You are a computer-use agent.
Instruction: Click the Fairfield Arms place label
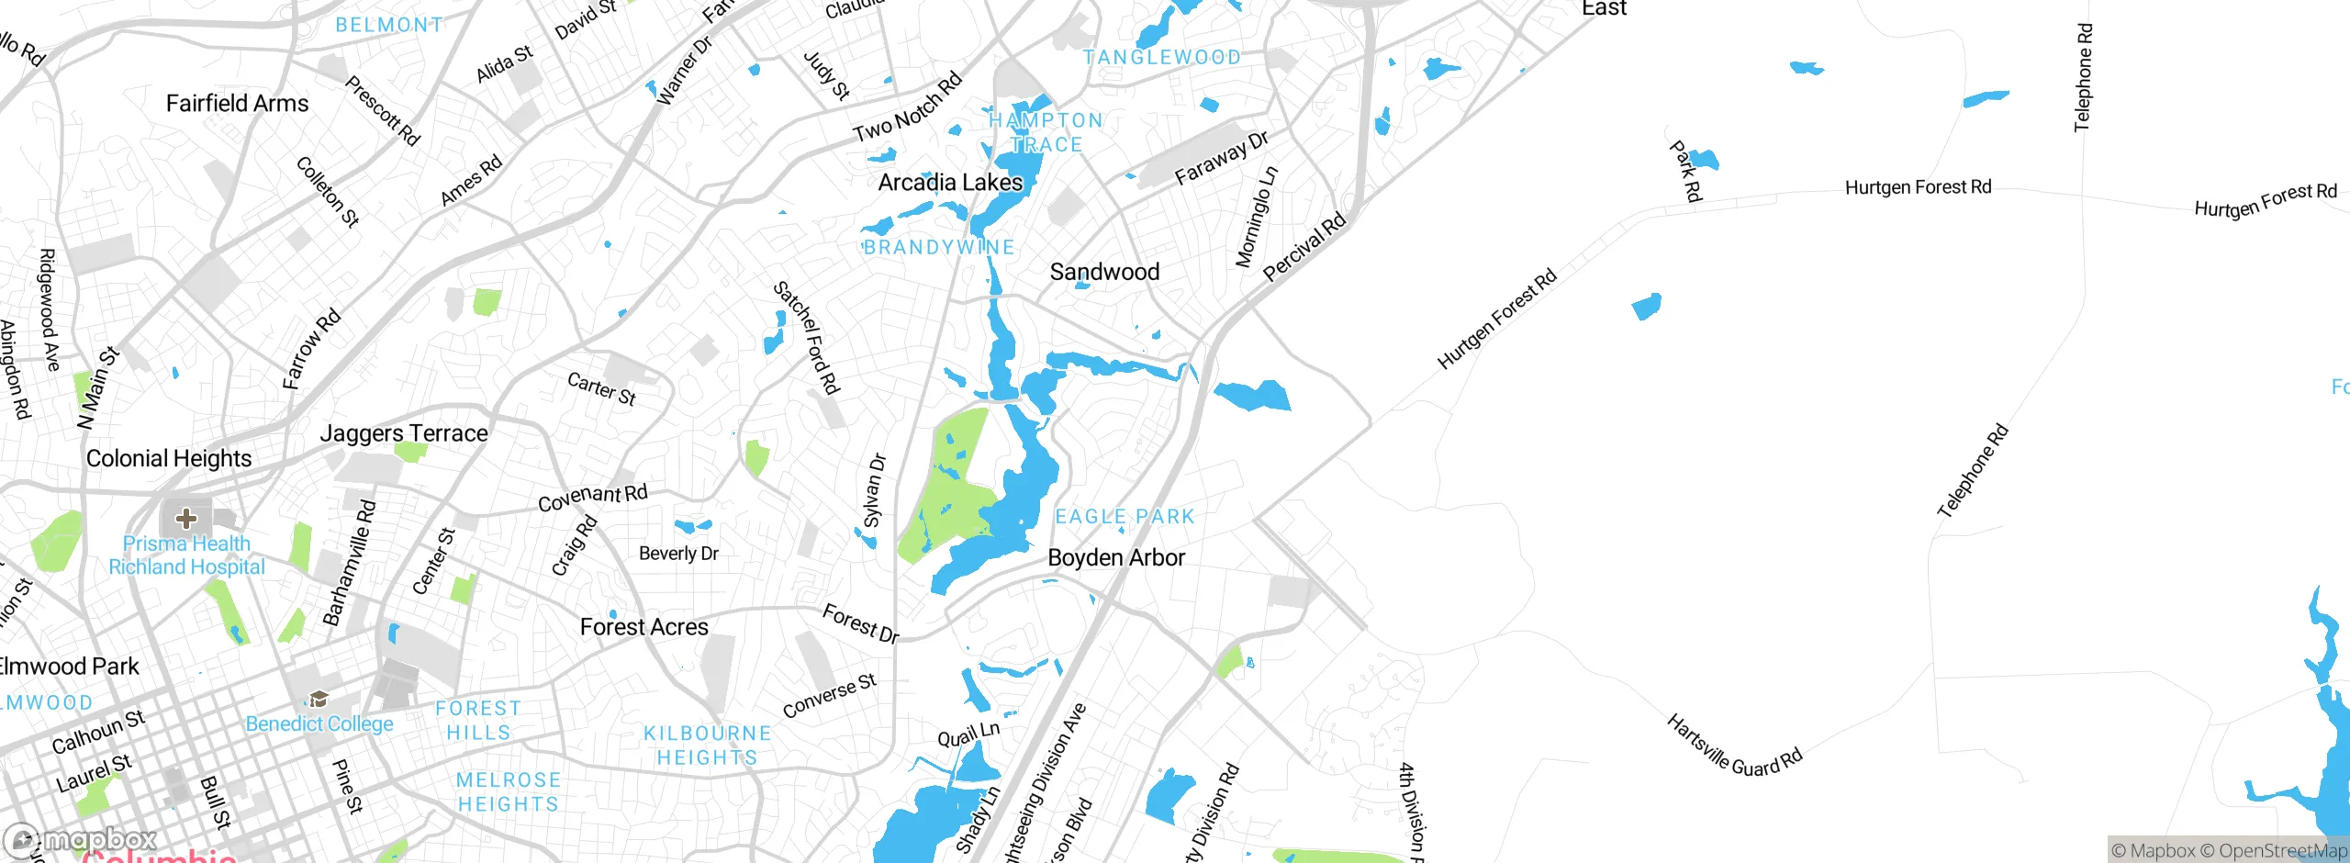tap(237, 104)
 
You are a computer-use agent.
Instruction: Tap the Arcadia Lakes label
tap(950, 183)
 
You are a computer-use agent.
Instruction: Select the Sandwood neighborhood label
tap(1104, 272)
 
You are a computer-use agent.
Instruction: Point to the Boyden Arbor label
tap(1116, 557)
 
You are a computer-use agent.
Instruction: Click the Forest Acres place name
tap(643, 627)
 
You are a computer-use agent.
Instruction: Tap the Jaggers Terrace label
tap(404, 433)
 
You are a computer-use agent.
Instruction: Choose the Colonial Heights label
tap(169, 458)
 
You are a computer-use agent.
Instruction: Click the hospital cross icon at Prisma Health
tap(186, 519)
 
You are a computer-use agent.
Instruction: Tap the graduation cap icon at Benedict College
tap(319, 700)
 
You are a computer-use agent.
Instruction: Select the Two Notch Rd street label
tap(907, 107)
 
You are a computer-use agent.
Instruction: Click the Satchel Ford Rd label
tap(807, 337)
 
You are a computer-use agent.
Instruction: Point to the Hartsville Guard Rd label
tap(1734, 746)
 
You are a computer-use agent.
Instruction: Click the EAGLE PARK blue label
tap(1125, 517)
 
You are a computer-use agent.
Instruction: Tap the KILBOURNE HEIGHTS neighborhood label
tap(707, 745)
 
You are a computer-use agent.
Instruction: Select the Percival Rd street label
tap(1304, 246)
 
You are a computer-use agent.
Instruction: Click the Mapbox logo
tap(81, 839)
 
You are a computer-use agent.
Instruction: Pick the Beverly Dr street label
tap(678, 554)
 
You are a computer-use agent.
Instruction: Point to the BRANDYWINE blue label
tap(938, 248)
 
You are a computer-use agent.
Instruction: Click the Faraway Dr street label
tap(1221, 157)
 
